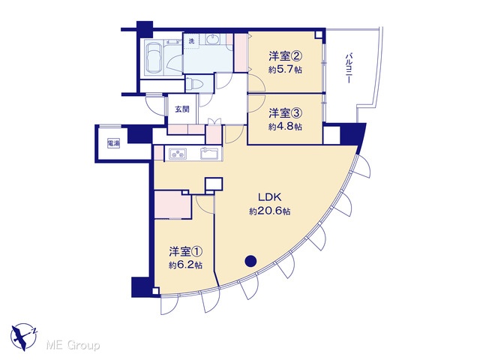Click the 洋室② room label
[x=286, y=56]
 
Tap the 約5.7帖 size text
[x=285, y=70]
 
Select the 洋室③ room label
[x=286, y=113]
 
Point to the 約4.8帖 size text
[x=285, y=127]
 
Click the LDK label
[x=270, y=197]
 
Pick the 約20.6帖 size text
[x=270, y=211]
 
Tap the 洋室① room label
[x=186, y=252]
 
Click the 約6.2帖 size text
[x=185, y=265]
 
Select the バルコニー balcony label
[x=348, y=68]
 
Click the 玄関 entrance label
[x=182, y=109]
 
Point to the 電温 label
[x=113, y=143]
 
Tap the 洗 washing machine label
[x=191, y=41]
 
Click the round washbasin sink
[x=211, y=40]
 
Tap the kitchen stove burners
[x=178, y=154]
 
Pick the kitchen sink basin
[x=209, y=153]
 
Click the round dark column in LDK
[x=250, y=261]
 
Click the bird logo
[x=24, y=337]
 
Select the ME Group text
[x=73, y=346]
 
